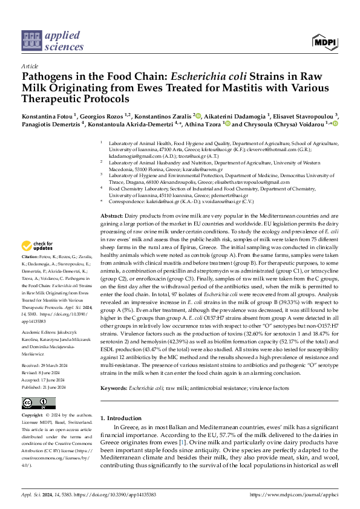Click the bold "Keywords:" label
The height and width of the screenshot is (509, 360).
(115, 387)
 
